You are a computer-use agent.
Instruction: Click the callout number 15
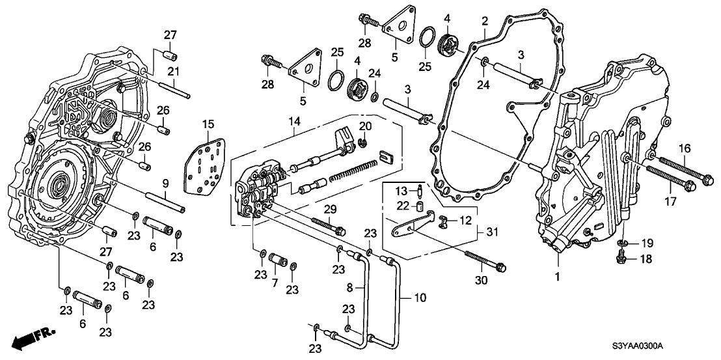tap(189, 124)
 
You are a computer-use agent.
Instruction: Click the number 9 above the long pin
tap(165, 183)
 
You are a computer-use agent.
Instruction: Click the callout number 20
tap(365, 126)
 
